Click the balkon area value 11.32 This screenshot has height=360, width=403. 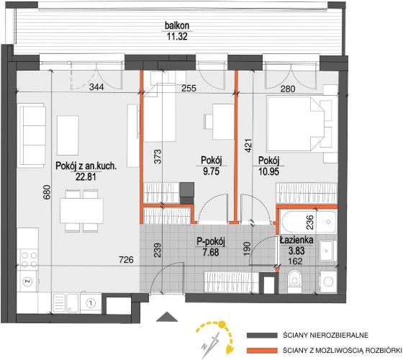coord(177,36)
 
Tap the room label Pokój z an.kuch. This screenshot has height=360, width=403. coord(86,166)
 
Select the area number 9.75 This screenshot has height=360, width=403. coord(212,171)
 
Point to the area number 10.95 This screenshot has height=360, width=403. coord(269,171)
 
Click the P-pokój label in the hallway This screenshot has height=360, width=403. coord(211,242)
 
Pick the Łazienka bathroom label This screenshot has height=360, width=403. coord(296,240)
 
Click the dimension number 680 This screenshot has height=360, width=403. coord(47,192)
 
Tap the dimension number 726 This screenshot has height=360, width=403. coord(126,260)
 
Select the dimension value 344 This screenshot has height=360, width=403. coord(96,87)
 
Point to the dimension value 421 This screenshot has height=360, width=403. coord(248,145)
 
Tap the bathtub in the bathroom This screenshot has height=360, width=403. coord(309,221)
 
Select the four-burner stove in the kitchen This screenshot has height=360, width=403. coord(29,260)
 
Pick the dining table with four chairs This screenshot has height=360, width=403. coord(81,211)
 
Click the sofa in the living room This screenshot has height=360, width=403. coord(32,135)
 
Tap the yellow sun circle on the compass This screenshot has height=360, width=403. coord(222,325)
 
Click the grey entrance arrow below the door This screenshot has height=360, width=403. coord(167,317)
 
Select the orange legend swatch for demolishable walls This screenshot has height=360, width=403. coord(262,351)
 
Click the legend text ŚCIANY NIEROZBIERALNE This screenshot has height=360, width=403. coord(325,336)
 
